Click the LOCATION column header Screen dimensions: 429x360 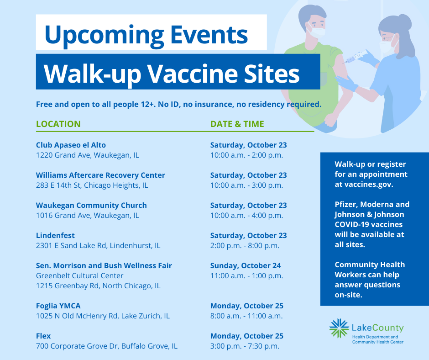tap(58, 124)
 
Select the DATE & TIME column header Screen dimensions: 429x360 tap(237, 124)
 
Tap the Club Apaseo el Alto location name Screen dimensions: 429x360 tap(71, 145)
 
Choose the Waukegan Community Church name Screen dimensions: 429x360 tap(91, 205)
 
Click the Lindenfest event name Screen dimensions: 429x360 tap(55, 235)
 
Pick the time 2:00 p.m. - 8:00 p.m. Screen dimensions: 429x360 tap(245, 245)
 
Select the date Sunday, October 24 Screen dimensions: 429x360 tap(246, 265)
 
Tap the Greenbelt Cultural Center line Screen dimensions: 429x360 tap(79, 275)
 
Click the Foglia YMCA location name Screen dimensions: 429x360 tap(58, 306)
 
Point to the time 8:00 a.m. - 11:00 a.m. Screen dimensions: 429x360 tap(246, 316)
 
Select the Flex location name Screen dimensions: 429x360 tap(43, 336)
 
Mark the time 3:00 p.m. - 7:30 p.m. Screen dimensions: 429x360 tap(245, 346)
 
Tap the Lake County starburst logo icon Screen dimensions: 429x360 tap(339, 328)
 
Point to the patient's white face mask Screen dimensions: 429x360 tap(317, 31)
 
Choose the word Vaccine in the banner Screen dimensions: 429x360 tap(193, 74)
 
